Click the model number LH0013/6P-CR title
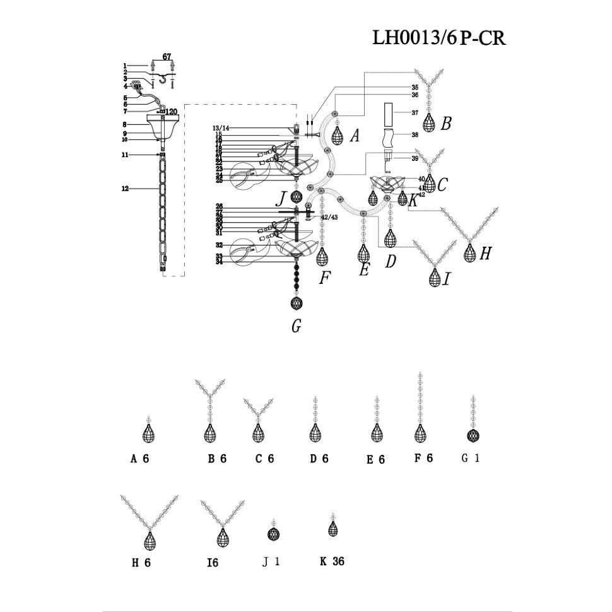439,37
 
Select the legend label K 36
332,560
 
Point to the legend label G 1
471,459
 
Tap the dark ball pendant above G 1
470,435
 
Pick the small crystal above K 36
332,529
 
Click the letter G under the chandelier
297,326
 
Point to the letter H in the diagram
485,254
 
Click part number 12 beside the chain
125,188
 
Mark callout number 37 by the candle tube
415,113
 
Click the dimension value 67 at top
167,57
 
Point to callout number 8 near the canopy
126,124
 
